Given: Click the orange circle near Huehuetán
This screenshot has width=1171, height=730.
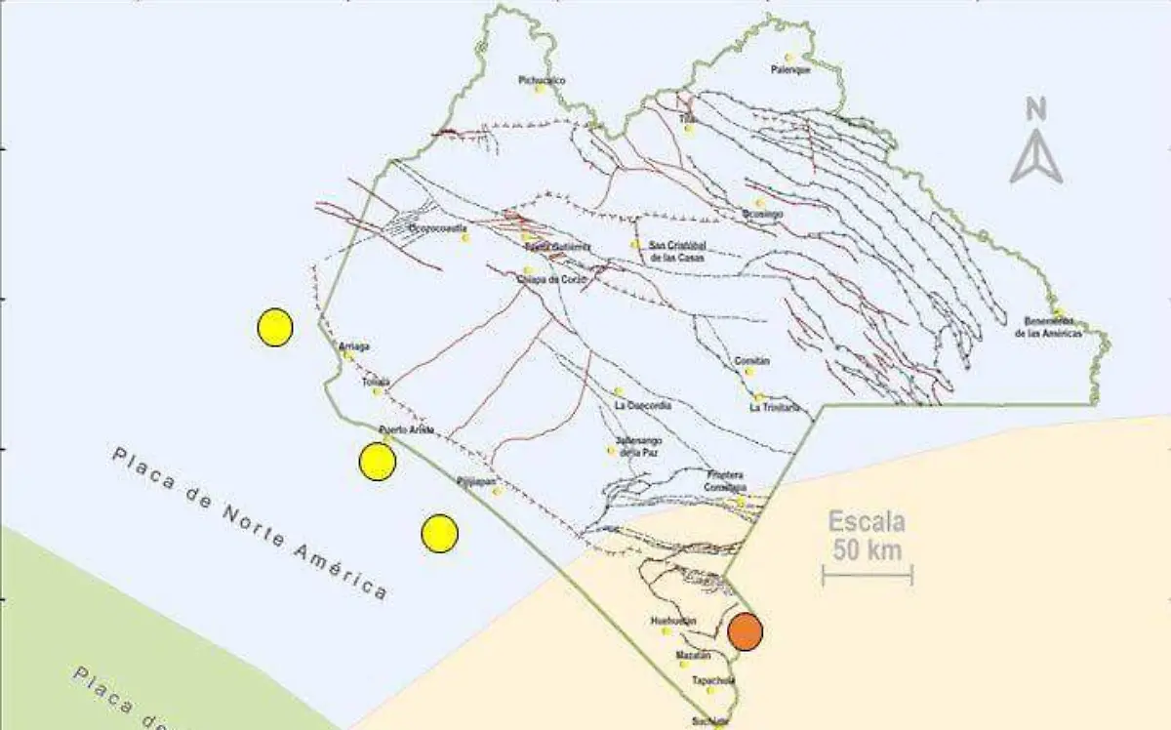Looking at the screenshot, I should pos(746,631).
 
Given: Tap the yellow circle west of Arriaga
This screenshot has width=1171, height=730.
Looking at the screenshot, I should pos(275,327).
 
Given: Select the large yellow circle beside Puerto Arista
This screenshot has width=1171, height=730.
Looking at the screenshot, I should pos(377,462).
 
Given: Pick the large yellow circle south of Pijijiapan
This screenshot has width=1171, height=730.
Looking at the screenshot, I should pos(440,533).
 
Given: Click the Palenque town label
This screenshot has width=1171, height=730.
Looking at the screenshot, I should pos(790,70).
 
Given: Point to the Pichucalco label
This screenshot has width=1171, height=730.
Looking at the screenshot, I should pos(543,80).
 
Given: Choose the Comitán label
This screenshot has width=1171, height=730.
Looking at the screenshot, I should pos(752,361).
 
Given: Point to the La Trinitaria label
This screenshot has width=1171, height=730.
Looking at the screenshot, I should pos(775,407).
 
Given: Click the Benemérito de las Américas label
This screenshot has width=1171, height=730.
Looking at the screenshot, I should pos(1049,327).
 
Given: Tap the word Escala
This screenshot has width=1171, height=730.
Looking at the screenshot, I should pos(868,522).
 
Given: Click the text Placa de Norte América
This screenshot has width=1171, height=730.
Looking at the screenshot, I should pos(250,522).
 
